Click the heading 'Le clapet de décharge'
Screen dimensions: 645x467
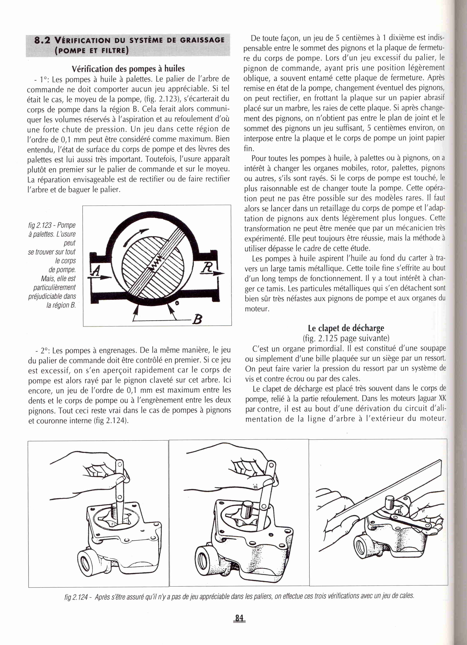coord(346,328)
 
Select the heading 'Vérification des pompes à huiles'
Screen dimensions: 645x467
coord(128,69)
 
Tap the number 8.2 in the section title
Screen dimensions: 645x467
coord(42,40)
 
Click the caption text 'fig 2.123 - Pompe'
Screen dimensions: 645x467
coord(52,225)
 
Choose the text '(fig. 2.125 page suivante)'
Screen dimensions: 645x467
coord(346,338)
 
